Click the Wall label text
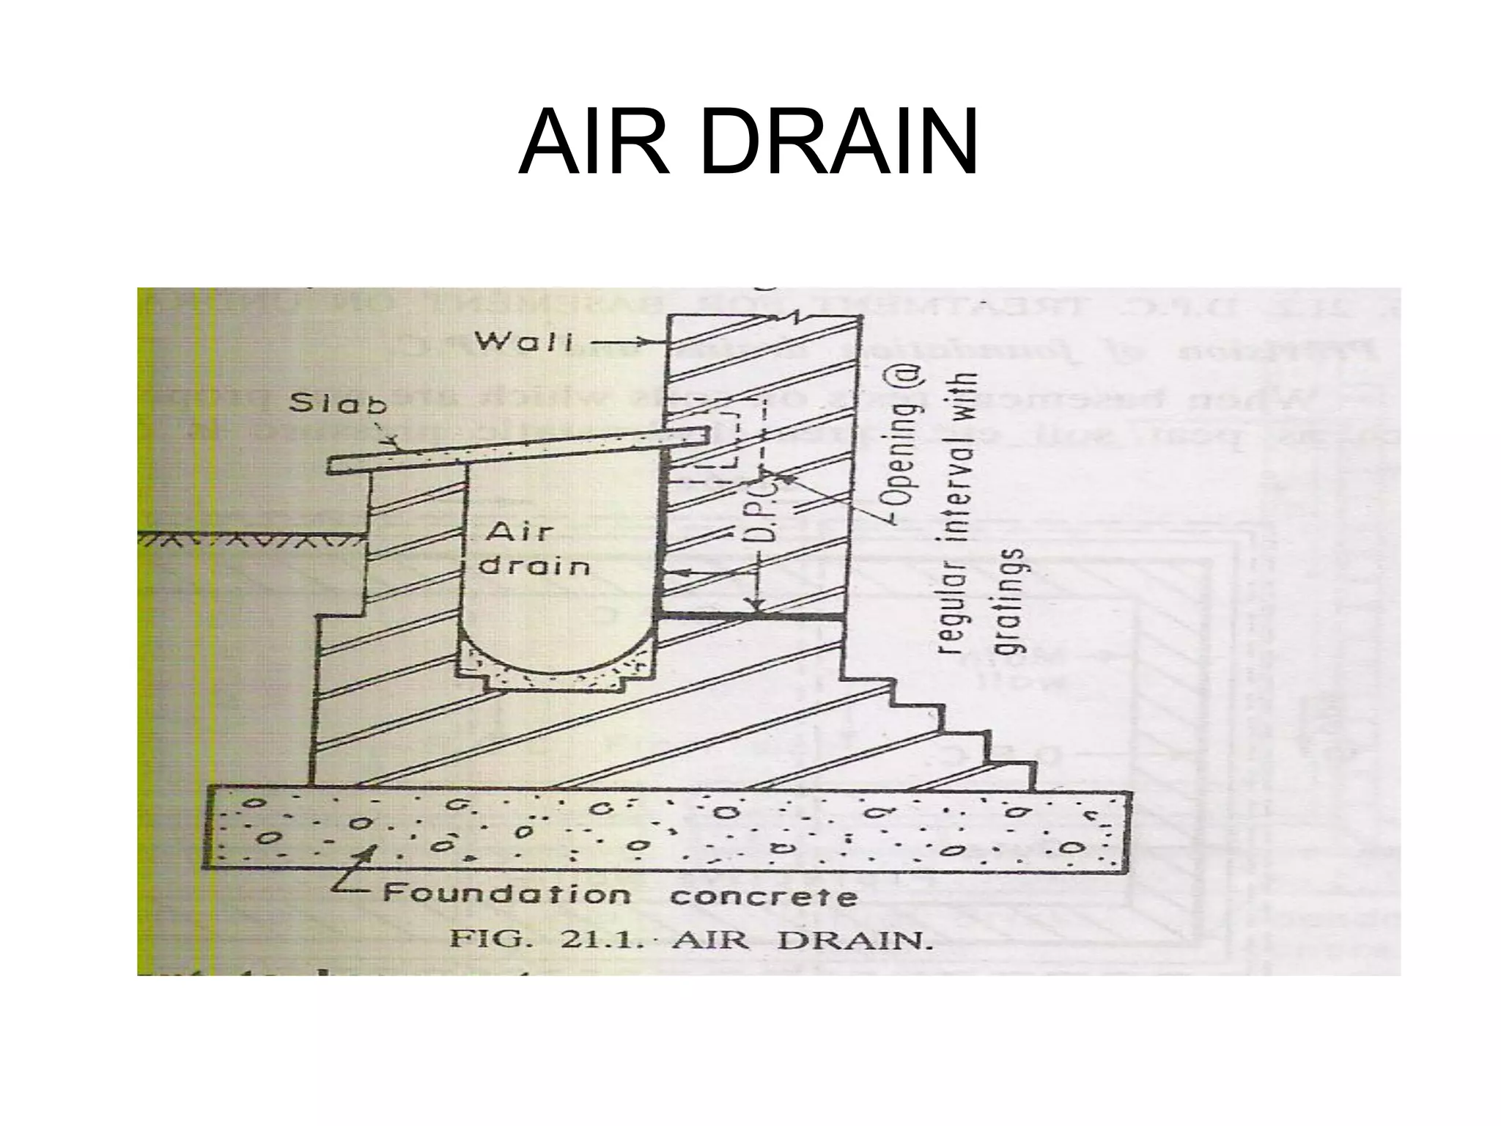pos(523,342)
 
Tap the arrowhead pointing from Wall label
pos(660,342)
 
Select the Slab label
pos(338,404)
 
